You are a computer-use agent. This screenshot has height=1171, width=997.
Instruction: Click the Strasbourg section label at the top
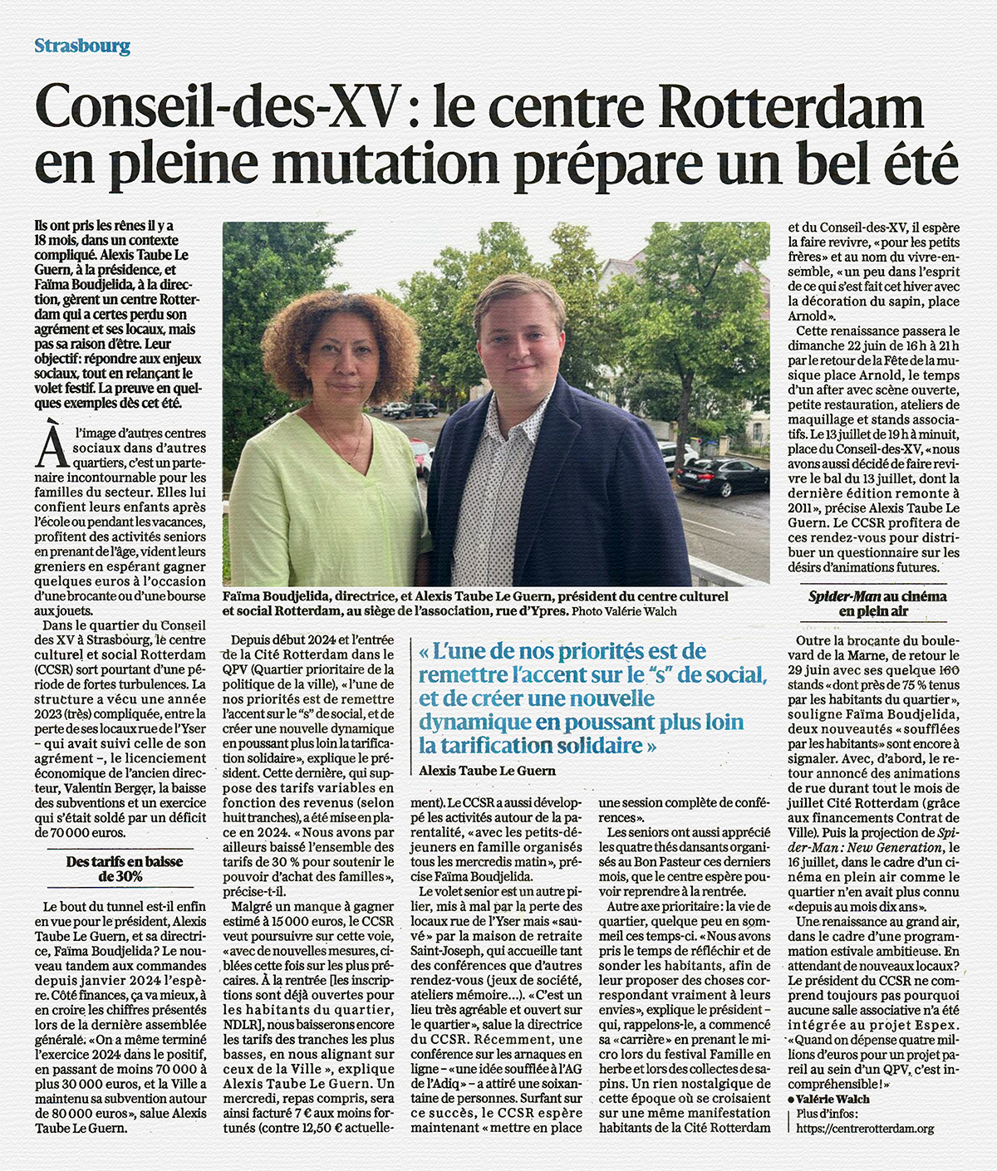click(x=82, y=47)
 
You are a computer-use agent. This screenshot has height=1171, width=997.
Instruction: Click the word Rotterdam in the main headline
click(x=792, y=108)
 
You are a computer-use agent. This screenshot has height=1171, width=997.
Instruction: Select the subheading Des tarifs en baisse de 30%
click(x=124, y=869)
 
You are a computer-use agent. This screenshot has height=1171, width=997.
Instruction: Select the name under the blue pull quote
click(x=487, y=771)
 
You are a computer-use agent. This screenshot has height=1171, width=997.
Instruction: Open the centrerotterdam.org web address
click(x=865, y=1129)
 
